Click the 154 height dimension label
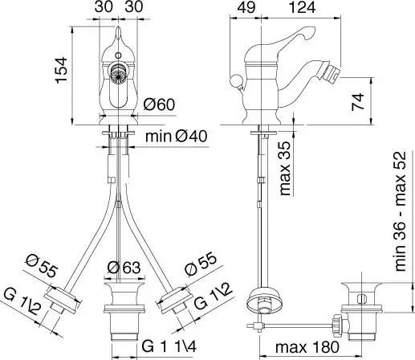tap(62, 70)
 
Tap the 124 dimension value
tap(303, 7)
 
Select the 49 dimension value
tap(246, 7)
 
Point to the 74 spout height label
tap(358, 102)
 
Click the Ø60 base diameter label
tap(159, 104)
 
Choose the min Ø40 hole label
tap(177, 137)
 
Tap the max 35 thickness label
tap(284, 168)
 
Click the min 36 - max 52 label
tap(401, 211)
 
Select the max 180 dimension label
tap(307, 347)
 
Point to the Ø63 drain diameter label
tap(124, 268)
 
